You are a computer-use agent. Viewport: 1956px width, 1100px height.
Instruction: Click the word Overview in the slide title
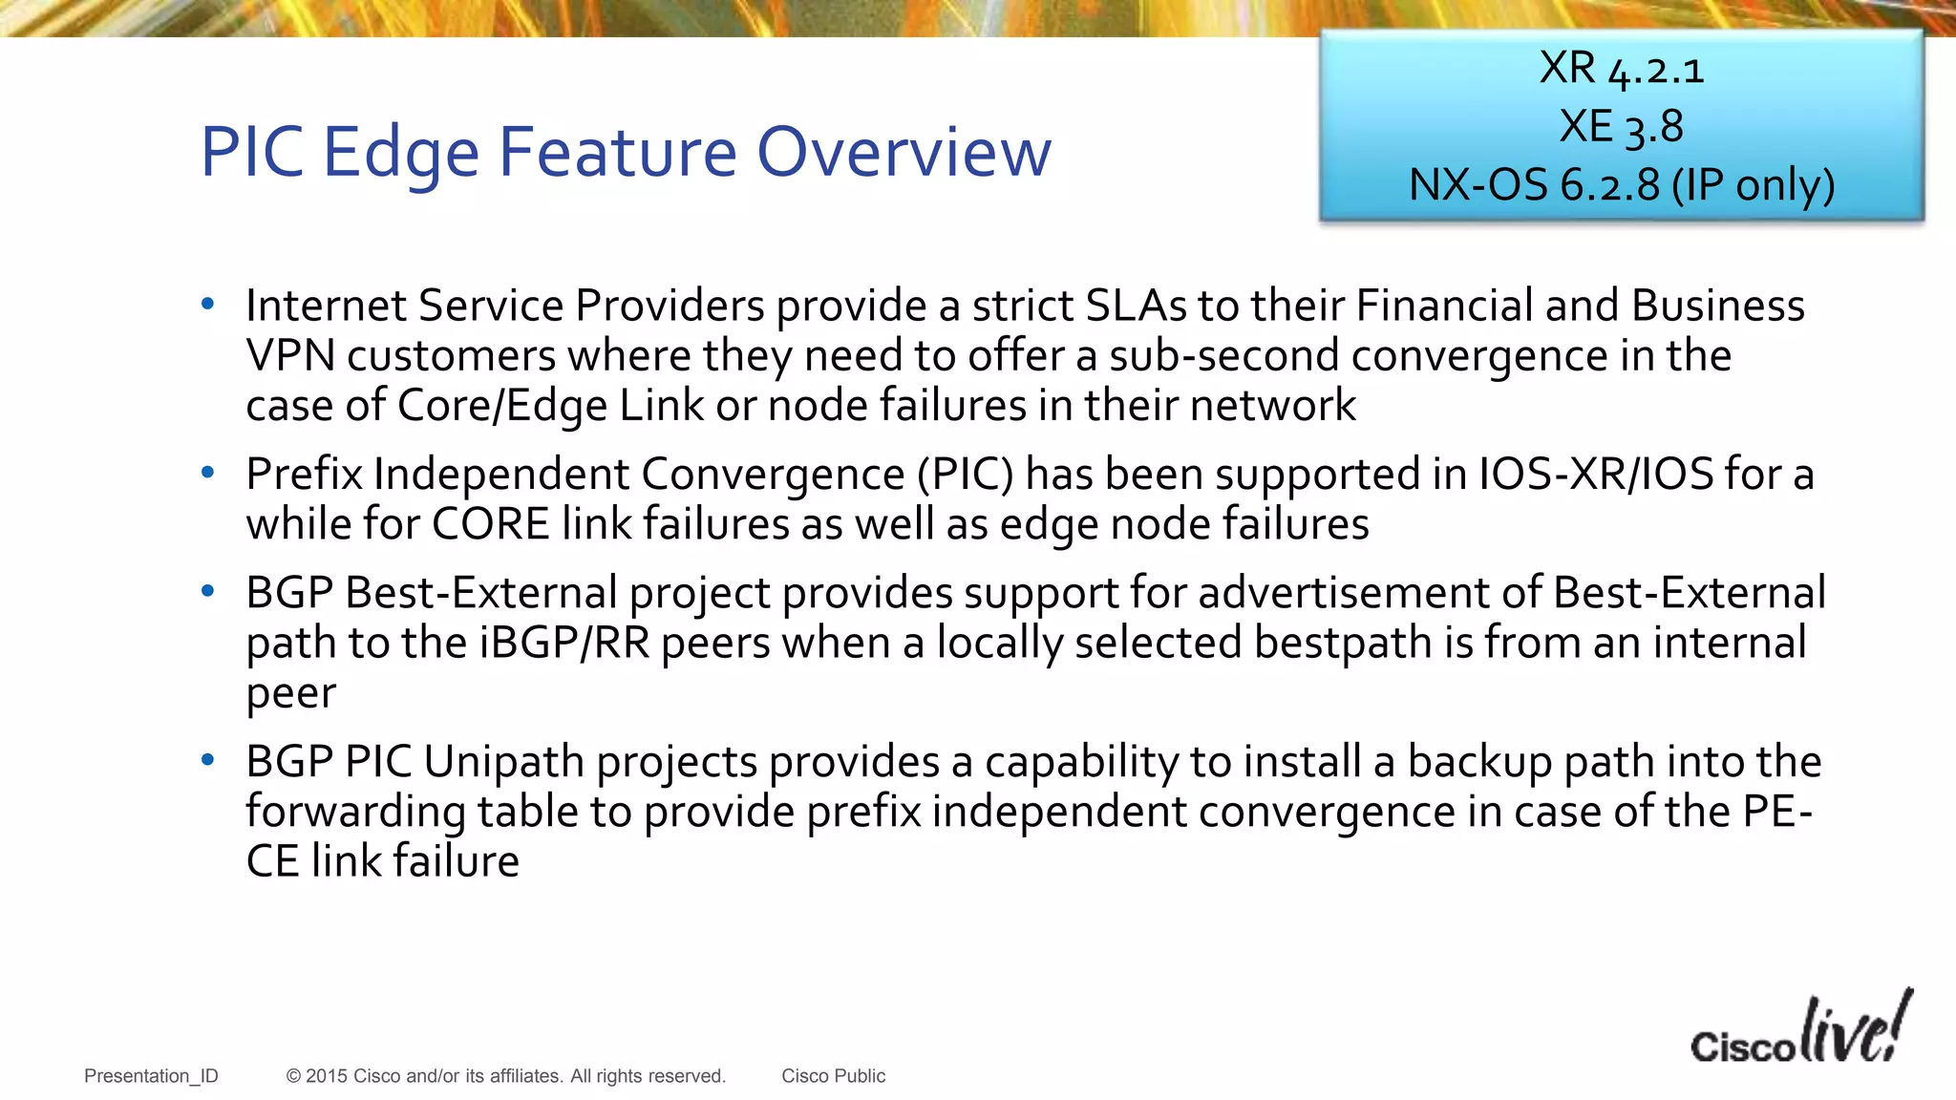tap(904, 153)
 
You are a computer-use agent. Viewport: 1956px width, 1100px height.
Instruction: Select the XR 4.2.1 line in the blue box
tap(1621, 69)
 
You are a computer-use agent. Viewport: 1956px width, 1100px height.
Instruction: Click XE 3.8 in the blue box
tap(1621, 127)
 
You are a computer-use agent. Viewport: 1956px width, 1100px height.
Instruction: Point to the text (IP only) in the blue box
tap(1753, 185)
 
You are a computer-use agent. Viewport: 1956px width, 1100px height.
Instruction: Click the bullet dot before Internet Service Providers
tap(208, 305)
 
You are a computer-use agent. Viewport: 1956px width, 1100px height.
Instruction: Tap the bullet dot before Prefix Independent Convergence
tap(208, 473)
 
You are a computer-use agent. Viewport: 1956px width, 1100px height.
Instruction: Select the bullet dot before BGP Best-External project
tap(208, 592)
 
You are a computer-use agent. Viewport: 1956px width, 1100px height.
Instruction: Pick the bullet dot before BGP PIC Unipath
tap(208, 761)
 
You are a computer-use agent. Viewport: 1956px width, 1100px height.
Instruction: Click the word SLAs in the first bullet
tap(1136, 307)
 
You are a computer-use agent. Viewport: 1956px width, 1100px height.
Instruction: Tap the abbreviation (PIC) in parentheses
tap(965, 475)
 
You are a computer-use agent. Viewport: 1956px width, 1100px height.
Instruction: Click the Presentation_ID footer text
tap(151, 1076)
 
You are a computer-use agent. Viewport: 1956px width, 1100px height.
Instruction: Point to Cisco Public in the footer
tap(833, 1076)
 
